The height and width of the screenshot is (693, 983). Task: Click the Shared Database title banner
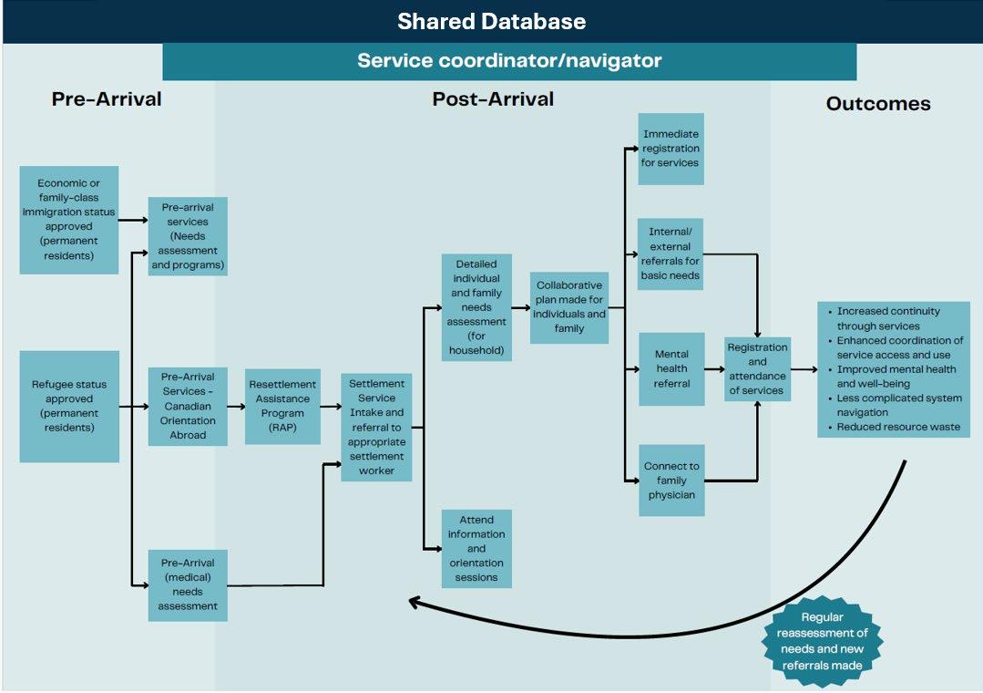coord(491,21)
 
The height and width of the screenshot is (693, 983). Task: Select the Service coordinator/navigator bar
coord(509,61)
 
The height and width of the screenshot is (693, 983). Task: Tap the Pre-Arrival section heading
coord(107,98)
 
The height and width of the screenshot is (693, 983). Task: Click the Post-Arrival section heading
coord(492,98)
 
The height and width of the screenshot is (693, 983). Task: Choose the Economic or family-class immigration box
coord(69,220)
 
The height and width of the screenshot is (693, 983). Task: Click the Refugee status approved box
coord(69,406)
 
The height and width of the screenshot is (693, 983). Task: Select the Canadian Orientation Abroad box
coord(188,406)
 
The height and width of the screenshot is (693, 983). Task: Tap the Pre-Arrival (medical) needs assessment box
coord(188,584)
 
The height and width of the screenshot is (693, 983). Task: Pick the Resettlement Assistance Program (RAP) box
coord(282,406)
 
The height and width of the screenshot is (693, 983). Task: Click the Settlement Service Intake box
coord(376,427)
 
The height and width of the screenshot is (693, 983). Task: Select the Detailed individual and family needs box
coord(476,307)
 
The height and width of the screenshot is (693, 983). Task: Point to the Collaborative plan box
coord(569,306)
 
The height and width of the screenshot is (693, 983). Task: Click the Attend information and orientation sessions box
coord(476,548)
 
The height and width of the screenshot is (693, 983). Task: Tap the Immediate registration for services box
coord(671,149)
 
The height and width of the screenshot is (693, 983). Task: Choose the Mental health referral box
coord(671,368)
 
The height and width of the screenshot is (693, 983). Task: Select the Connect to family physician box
coord(671,480)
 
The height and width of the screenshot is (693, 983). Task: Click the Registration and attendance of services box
coord(757,368)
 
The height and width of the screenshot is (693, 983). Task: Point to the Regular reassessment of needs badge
coord(822,639)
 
